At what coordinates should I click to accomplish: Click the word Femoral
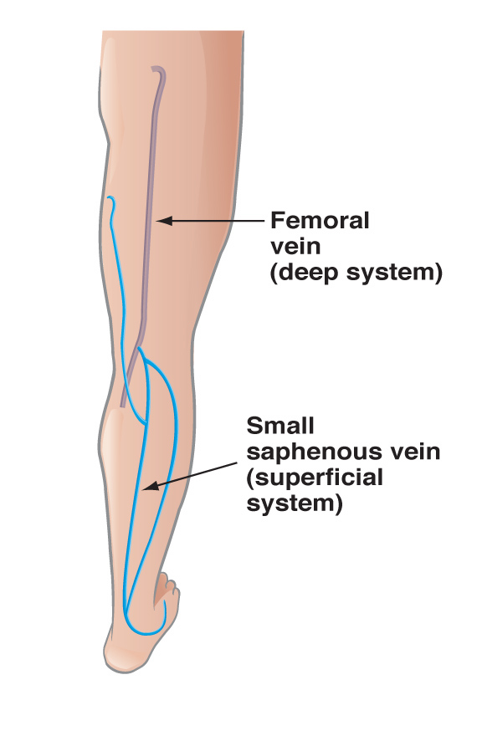coord(320,221)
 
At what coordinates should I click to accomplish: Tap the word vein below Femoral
coord(295,247)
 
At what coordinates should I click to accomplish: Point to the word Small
coord(280,426)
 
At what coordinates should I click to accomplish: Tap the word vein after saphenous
coord(415,452)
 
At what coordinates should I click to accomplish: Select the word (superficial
coord(315,478)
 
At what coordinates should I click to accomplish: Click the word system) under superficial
coord(295,504)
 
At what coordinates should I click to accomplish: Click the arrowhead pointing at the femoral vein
coord(164,220)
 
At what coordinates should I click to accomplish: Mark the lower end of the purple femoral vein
coord(123,405)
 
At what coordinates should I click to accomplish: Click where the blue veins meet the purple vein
coord(140,350)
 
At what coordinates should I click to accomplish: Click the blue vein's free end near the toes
coord(164,604)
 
